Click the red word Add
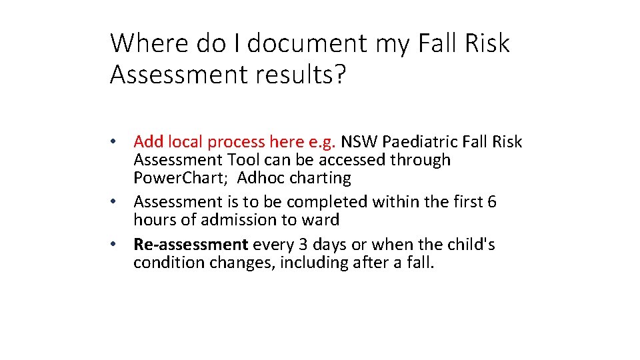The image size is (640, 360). point(148,142)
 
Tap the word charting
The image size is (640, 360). point(319,179)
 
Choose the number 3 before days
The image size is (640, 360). point(288,245)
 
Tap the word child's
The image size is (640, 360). point(470,245)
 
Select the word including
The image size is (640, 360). point(313,263)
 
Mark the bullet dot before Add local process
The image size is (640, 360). point(115,142)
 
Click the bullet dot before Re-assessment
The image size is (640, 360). point(115,245)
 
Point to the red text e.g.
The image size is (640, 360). point(323,142)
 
